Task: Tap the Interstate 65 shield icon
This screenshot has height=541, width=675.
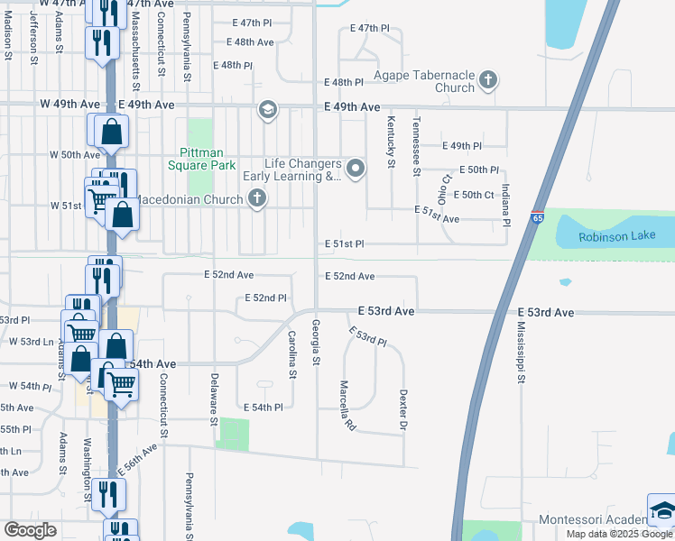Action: pyautogui.click(x=538, y=217)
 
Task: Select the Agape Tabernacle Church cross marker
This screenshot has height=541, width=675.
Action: pyautogui.click(x=488, y=80)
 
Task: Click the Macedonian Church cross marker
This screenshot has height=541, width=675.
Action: pyautogui.click(x=257, y=199)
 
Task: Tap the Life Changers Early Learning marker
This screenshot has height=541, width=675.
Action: pyautogui.click(x=356, y=168)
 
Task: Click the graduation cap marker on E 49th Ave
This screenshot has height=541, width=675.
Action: pyautogui.click(x=266, y=110)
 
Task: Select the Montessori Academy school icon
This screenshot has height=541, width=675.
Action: pyautogui.click(x=661, y=509)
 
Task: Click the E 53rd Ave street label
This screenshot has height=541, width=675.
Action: pyautogui.click(x=385, y=310)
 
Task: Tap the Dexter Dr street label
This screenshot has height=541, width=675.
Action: pyautogui.click(x=402, y=409)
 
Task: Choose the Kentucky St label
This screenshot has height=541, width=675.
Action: pyautogui.click(x=391, y=142)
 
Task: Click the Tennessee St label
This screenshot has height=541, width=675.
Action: pyautogui.click(x=416, y=146)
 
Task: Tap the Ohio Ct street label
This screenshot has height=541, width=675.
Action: pyautogui.click(x=443, y=190)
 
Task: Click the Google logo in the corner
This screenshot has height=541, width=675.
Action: pyautogui.click(x=30, y=530)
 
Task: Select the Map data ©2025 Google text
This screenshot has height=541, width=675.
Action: pyautogui.click(x=619, y=534)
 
